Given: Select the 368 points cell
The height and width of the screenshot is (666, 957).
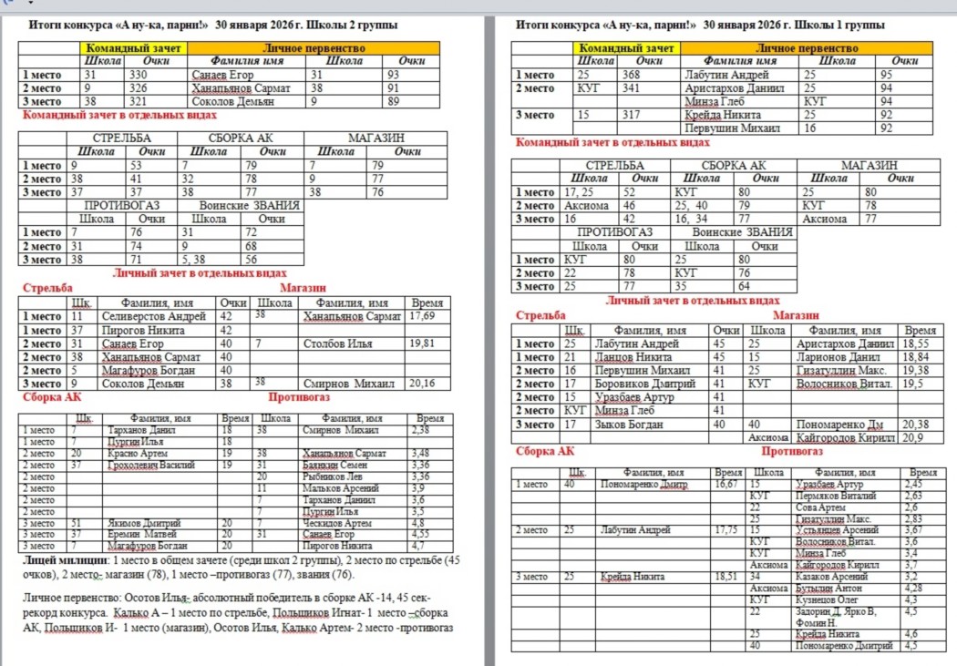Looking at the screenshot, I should [x=631, y=75].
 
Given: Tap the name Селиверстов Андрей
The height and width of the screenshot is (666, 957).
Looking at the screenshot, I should [x=152, y=316].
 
